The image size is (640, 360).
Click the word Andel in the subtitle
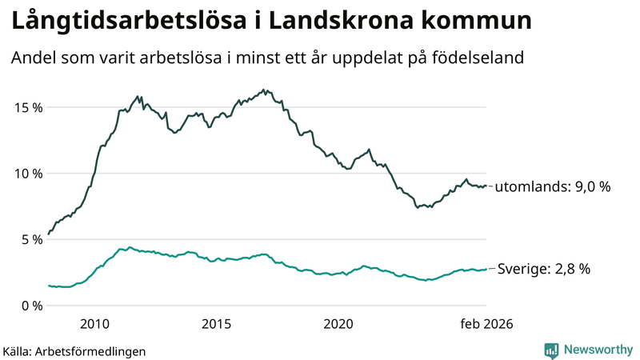click(x=33, y=58)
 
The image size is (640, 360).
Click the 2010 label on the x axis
click(x=94, y=324)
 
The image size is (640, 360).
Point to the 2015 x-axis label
click(x=217, y=324)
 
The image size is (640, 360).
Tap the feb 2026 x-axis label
click(x=485, y=324)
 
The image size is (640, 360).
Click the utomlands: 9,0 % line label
click(x=553, y=187)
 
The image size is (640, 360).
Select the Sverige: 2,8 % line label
click(x=544, y=270)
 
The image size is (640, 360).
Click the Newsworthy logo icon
click(x=552, y=350)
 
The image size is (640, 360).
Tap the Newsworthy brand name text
click(x=597, y=350)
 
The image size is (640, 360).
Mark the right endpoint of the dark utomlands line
click(x=486, y=186)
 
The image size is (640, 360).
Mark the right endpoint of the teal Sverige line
click(x=486, y=269)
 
